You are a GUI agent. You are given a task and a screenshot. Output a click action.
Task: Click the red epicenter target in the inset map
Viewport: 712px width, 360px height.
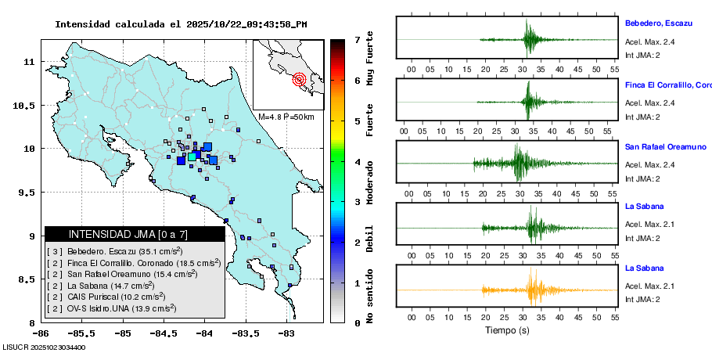[299, 79]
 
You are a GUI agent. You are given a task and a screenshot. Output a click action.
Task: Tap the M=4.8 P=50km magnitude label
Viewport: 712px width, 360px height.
[286, 117]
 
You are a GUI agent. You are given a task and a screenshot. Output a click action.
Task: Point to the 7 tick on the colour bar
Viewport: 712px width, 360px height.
[357, 39]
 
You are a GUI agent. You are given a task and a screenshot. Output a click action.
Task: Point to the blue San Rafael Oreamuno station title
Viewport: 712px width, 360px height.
[665, 146]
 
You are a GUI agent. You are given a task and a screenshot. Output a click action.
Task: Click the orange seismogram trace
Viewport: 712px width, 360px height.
[532, 290]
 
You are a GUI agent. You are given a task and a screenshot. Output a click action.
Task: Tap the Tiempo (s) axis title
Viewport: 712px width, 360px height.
[506, 331]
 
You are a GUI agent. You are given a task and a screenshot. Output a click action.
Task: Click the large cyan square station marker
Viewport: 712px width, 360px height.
[192, 157]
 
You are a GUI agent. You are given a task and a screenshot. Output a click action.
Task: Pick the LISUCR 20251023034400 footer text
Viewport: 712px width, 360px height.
[44, 347]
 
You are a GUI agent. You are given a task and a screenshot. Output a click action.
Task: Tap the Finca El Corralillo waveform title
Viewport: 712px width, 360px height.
[667, 85]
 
